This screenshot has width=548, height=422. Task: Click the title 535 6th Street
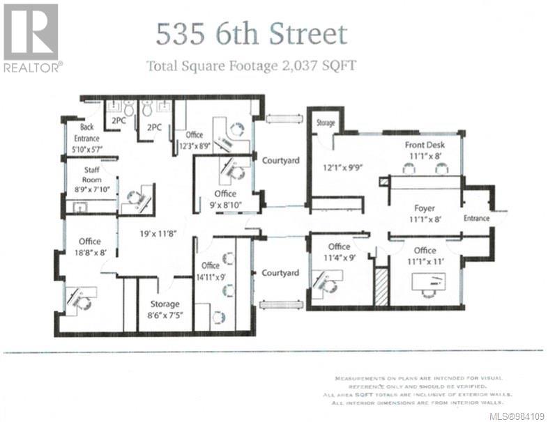251,34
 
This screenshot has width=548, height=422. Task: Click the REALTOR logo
31,38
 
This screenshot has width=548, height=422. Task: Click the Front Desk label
425,151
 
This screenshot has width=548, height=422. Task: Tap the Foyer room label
425,213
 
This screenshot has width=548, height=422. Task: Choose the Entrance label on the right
477,218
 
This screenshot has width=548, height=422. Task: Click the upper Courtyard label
280,161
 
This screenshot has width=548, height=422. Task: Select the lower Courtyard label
280,274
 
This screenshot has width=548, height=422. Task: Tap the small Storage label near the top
325,123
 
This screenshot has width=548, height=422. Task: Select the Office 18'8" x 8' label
90,247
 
